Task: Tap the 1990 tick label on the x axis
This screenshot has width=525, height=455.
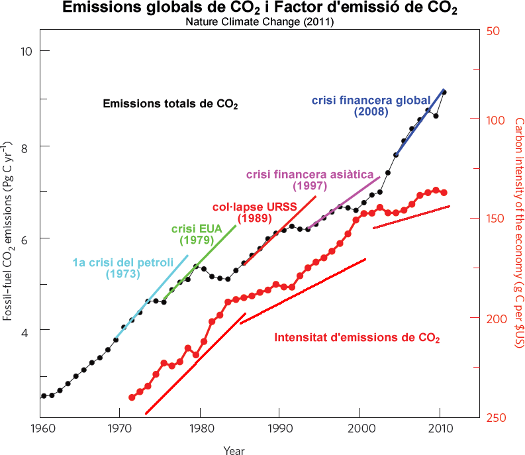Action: (x=279, y=429)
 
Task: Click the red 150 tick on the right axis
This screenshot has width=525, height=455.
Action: (x=493, y=218)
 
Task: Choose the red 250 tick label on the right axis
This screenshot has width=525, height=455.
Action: (x=493, y=417)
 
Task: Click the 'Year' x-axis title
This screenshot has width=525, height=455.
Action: (x=234, y=450)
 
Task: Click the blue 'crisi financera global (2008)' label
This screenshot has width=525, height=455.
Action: (x=371, y=107)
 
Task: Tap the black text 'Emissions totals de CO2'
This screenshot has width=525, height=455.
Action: (x=170, y=104)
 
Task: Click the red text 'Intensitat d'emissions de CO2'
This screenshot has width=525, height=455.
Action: (x=357, y=338)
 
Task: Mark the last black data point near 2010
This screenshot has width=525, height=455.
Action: (x=444, y=92)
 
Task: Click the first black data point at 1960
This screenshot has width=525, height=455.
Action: (x=44, y=395)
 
